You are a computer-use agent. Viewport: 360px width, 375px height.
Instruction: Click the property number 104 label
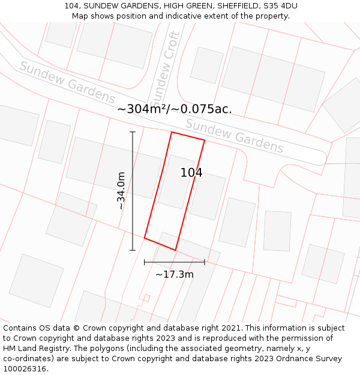coord(191,173)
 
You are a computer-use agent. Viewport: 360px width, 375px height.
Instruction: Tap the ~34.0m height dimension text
coord(121,191)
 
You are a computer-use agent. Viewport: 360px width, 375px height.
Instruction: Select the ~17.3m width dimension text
coord(175,274)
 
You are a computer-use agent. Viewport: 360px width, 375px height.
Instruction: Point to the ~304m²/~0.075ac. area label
coord(174,109)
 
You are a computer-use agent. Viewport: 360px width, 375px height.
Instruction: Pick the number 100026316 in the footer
coord(25,369)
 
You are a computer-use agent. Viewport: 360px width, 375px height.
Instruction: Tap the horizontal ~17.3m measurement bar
coord(175,262)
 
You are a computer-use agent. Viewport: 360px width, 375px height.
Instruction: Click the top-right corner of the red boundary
coord(205,140)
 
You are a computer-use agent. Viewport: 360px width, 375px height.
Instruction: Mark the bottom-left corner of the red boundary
coord(145,238)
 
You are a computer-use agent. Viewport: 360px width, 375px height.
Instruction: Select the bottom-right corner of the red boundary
coord(176,250)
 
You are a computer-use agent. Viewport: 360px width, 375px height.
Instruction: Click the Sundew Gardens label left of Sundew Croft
coord(67,82)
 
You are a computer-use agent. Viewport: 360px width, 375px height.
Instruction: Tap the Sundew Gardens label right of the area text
coord(235,136)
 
